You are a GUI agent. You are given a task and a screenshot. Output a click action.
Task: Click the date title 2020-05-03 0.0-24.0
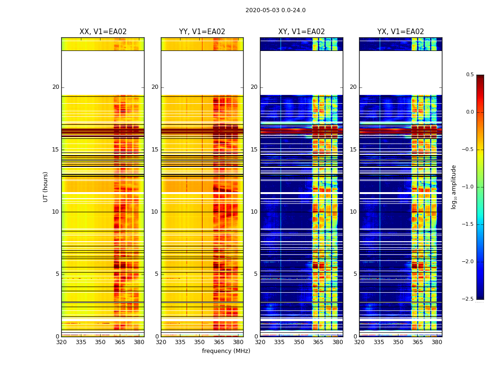275,10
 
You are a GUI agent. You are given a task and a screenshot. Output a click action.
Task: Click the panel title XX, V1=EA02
103,32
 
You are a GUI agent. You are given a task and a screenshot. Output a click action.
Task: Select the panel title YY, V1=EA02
202,32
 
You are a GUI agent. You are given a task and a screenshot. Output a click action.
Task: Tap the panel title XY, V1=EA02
301,32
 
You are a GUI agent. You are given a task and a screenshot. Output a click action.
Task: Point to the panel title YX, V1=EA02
401,32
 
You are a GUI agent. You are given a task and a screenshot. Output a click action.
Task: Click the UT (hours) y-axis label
45,187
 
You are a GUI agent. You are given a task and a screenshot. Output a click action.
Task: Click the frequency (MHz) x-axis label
226,351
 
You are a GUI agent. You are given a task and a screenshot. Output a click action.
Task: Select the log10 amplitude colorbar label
454,187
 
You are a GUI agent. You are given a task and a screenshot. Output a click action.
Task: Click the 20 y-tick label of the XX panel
56,87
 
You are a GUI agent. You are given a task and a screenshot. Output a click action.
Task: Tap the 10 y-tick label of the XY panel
254,212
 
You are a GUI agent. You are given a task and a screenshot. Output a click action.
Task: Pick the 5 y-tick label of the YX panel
355,274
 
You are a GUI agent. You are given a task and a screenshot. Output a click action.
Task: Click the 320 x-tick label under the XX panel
61,342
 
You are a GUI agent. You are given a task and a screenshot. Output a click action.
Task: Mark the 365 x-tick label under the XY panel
318,342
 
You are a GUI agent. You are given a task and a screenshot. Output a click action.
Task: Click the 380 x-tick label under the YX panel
437,342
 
